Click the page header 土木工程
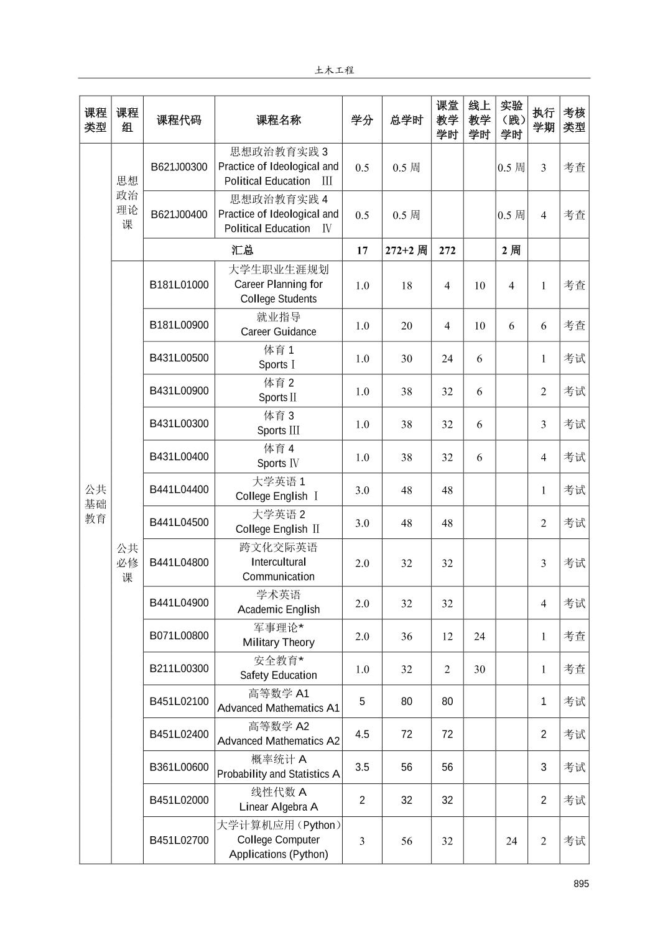point(334,70)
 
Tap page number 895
point(581,883)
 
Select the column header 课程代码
point(179,120)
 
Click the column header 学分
point(362,120)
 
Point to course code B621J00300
point(179,167)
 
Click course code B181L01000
point(179,285)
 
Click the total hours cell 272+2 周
point(406,251)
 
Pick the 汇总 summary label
point(243,251)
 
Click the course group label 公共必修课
point(127,563)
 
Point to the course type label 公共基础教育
point(95,504)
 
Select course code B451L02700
point(179,840)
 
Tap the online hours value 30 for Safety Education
point(479,669)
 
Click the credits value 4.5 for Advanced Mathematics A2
point(362,734)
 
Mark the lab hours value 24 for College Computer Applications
point(511,841)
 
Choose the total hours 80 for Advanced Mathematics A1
point(406,701)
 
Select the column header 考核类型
point(574,120)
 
